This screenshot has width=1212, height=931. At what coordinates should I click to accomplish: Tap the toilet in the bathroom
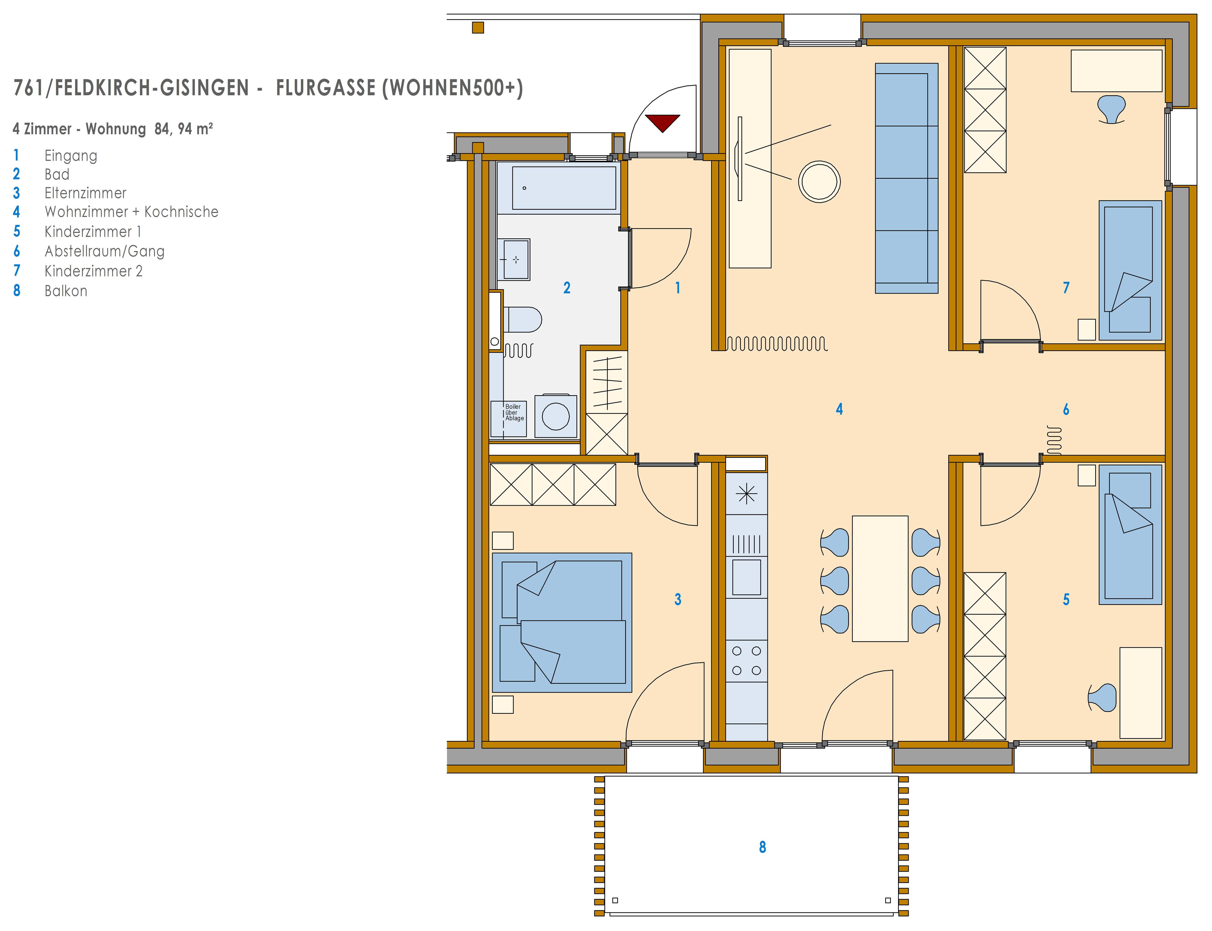(x=522, y=320)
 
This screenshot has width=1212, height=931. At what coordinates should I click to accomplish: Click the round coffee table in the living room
(x=819, y=181)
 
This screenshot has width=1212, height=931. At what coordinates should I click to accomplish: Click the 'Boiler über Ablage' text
(x=514, y=412)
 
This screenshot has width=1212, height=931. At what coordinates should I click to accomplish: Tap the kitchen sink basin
(x=747, y=577)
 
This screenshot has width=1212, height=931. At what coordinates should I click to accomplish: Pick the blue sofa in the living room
(x=906, y=178)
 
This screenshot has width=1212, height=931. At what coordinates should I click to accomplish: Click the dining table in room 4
(x=880, y=578)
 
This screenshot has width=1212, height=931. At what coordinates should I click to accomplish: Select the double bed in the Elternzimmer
(x=562, y=622)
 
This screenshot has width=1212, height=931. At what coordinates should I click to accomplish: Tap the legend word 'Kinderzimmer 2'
(x=94, y=271)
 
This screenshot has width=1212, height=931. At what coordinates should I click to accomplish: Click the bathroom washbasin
(x=513, y=259)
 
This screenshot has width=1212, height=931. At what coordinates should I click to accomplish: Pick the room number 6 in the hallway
(x=1066, y=409)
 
